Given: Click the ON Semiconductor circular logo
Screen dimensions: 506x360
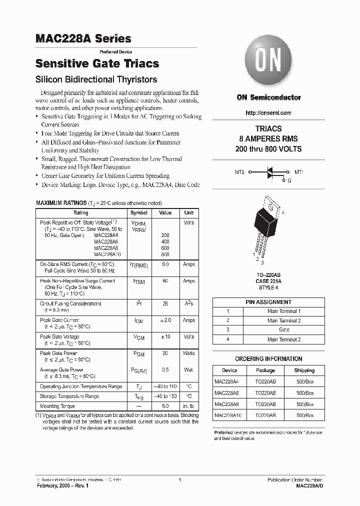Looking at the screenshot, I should [x=268, y=62].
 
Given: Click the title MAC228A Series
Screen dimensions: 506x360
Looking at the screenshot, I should [x=83, y=38].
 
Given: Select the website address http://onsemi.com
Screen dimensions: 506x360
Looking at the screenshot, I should [x=268, y=113].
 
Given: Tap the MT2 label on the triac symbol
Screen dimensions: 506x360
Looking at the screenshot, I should [x=239, y=172].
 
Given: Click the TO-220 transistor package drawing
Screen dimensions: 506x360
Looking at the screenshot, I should [x=268, y=225].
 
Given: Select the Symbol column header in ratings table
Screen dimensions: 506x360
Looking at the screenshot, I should [x=139, y=212].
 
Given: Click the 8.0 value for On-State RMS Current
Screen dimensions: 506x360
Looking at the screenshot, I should [x=165, y=264].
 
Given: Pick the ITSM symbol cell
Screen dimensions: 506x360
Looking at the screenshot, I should [x=139, y=282].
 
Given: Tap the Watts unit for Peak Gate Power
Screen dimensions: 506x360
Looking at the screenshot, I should [x=189, y=353].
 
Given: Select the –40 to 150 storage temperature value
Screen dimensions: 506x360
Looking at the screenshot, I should [x=165, y=396].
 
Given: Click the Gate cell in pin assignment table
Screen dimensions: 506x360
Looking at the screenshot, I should [x=284, y=330].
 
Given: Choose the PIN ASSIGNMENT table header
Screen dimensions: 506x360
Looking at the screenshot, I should [x=268, y=302].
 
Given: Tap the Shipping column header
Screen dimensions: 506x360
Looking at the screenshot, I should [x=304, y=370].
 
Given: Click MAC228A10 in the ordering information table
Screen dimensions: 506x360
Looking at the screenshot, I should [x=229, y=415].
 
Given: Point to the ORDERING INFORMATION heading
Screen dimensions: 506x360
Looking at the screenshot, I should [x=268, y=359].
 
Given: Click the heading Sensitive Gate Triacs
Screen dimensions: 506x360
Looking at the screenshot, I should [x=97, y=63].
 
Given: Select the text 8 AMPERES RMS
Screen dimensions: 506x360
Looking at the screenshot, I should [x=268, y=139].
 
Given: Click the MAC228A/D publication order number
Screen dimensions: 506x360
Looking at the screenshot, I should [x=309, y=485].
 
